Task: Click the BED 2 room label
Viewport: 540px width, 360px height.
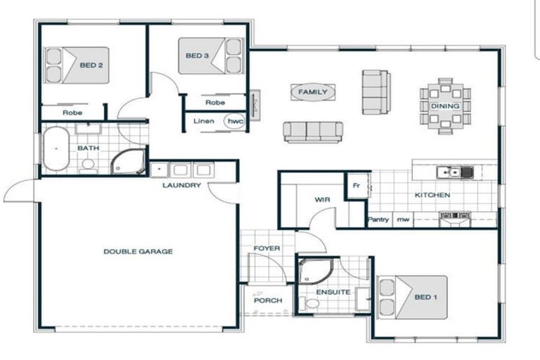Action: tap(91, 65)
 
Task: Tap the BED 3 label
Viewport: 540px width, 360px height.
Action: tap(198, 56)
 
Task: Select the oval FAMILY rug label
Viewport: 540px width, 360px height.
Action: tap(313, 92)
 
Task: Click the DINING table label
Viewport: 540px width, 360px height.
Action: tap(445, 106)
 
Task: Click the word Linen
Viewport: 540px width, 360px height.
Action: tap(204, 121)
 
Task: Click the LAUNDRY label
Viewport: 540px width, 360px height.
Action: tap(181, 186)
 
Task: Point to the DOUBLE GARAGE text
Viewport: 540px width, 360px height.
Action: tap(138, 251)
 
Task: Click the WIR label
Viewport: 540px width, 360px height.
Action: tap(322, 200)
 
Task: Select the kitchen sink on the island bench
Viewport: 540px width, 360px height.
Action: tap(449, 172)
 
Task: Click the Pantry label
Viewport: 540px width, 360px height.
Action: tap(378, 220)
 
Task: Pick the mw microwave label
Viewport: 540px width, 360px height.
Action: tap(402, 220)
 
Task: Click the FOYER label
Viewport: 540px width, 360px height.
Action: tap(267, 248)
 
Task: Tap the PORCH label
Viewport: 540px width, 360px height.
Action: tap(267, 300)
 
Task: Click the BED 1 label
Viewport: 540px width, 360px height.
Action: tap(426, 297)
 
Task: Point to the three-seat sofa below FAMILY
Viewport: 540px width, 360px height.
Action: tap(314, 131)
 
